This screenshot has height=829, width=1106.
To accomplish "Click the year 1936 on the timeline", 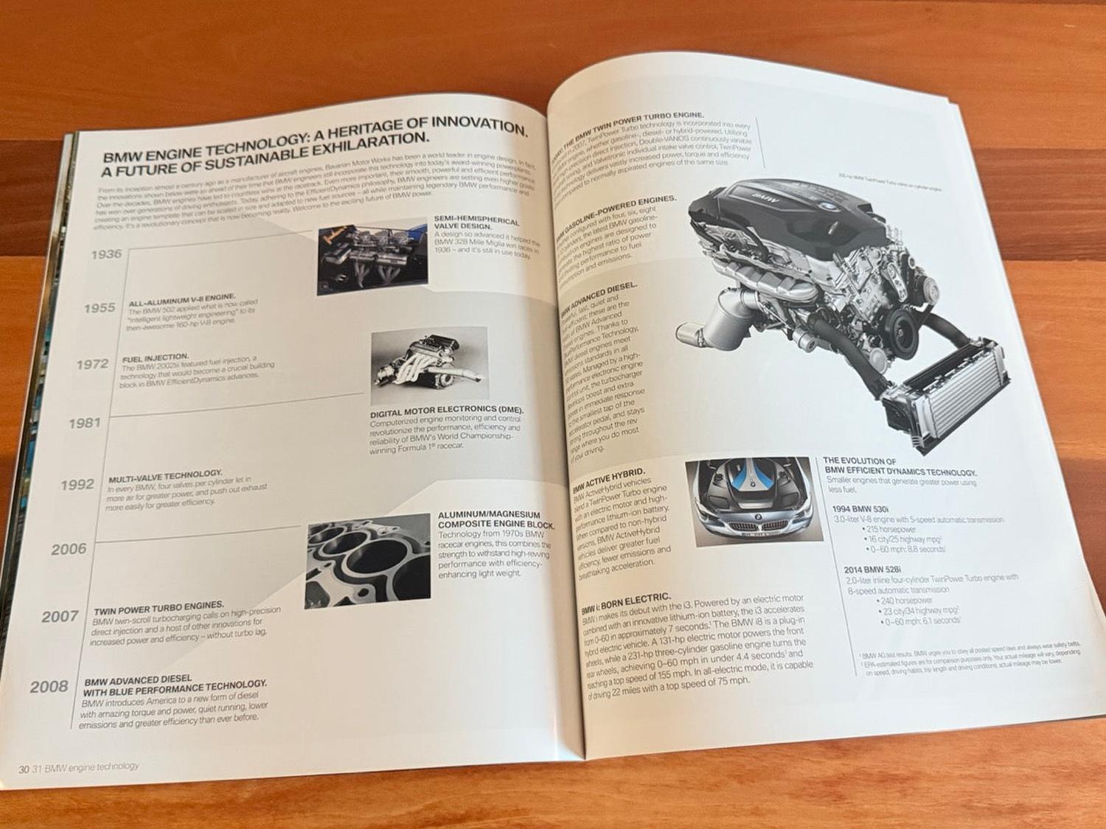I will tap(106, 254).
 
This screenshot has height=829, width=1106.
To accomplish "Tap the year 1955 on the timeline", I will tap(99, 308).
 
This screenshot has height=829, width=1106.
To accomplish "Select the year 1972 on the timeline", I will tap(92, 363).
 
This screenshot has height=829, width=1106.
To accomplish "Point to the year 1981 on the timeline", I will tap(84, 423).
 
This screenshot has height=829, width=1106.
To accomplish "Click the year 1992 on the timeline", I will tap(77, 484).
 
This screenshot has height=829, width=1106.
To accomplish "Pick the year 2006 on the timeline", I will tap(69, 548).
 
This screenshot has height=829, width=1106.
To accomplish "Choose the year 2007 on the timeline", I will tap(60, 616).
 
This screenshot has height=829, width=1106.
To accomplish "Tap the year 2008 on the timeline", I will tap(49, 686).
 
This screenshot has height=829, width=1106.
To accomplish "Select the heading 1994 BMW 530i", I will tap(860, 509).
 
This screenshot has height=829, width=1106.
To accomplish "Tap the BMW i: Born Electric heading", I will tap(625, 601).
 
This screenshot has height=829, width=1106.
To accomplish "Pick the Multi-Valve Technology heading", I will tap(165, 475).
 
